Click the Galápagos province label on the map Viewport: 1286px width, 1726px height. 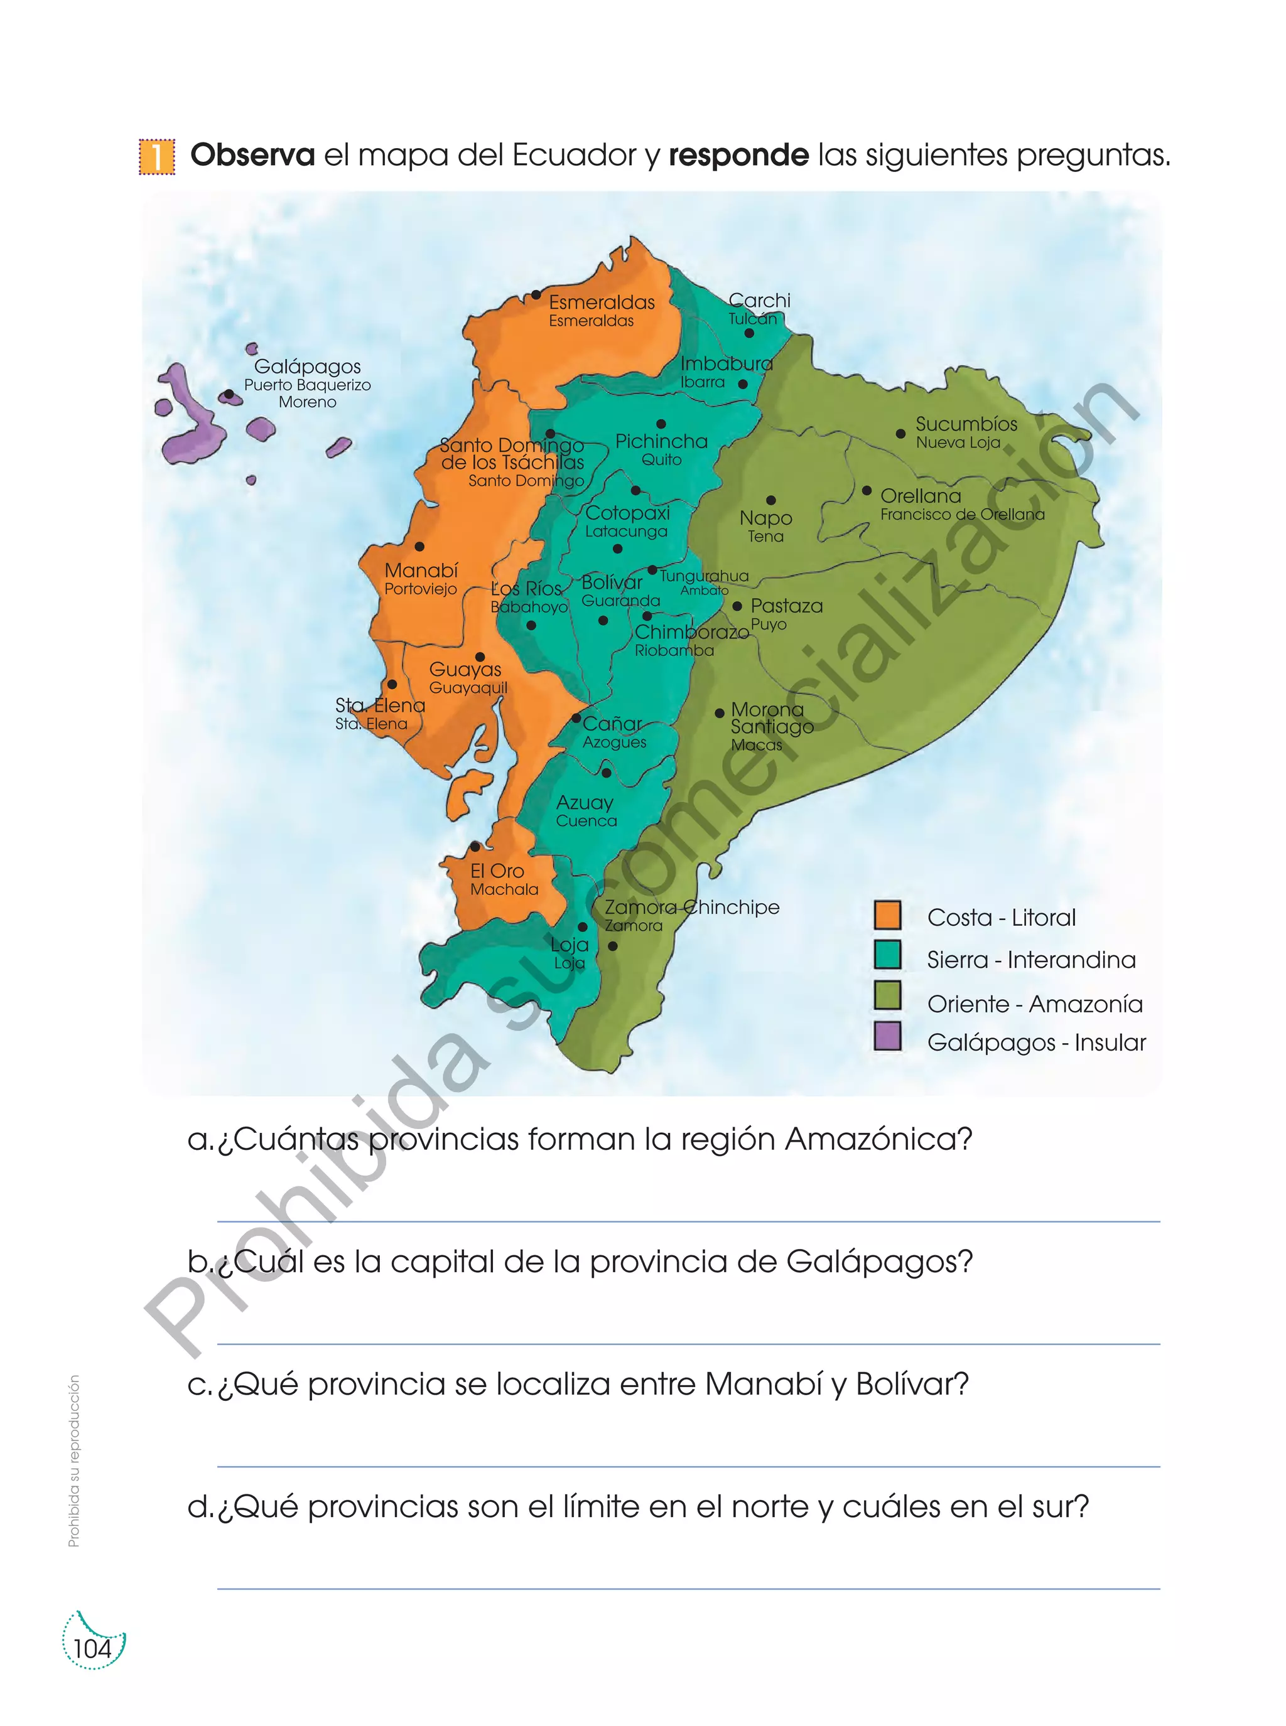(308, 367)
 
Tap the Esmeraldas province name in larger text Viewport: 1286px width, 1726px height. (602, 303)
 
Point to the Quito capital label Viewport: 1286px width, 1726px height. (662, 460)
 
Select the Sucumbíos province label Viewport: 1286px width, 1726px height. (966, 424)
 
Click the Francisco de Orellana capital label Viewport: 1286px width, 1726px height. (962, 515)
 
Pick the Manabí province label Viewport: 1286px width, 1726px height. (421, 571)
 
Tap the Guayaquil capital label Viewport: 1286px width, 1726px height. (468, 688)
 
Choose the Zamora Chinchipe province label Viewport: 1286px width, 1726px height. (692, 908)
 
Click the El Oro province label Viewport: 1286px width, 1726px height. (497, 871)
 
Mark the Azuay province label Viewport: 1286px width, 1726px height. (585, 802)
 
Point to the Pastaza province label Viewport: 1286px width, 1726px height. (786, 606)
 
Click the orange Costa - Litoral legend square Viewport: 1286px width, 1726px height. (887, 915)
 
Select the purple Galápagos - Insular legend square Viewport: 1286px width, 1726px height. (887, 1036)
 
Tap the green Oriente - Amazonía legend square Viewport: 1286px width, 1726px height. (887, 995)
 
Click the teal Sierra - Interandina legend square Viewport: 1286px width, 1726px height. (887, 955)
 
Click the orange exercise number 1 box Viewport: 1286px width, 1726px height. (156, 156)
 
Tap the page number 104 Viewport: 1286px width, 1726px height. (92, 1648)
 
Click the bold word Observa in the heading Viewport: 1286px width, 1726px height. (252, 156)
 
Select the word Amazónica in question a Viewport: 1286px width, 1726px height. (878, 1139)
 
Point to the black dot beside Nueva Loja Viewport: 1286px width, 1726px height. (900, 434)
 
